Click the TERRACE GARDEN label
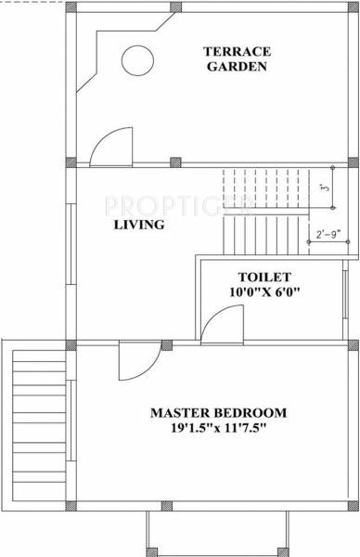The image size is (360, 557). [x=238, y=58]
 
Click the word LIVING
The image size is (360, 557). [x=139, y=225]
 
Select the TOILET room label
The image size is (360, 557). [x=264, y=252]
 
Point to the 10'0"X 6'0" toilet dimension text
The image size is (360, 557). [x=264, y=267]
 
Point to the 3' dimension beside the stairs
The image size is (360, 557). [x=323, y=188]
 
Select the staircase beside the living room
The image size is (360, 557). [x=269, y=209]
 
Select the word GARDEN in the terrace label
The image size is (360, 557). [x=238, y=67]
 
